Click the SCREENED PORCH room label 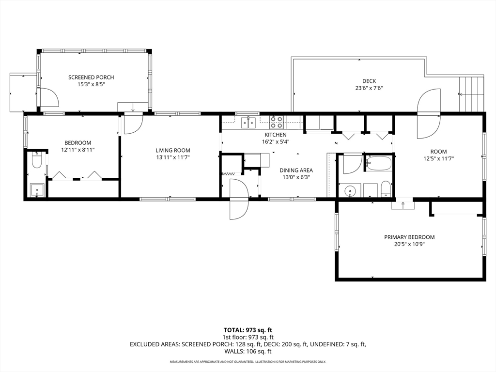[x=91, y=77]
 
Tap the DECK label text [x=369, y=81]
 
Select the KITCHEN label [x=275, y=135]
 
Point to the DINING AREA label [x=296, y=170]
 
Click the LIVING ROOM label [x=172, y=150]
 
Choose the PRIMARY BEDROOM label [x=409, y=237]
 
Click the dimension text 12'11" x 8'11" [x=78, y=150]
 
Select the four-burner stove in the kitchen [x=277, y=122]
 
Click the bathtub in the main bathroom [x=378, y=164]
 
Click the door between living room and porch [x=132, y=124]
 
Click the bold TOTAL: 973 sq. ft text [x=248, y=330]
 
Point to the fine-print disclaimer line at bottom [x=248, y=362]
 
